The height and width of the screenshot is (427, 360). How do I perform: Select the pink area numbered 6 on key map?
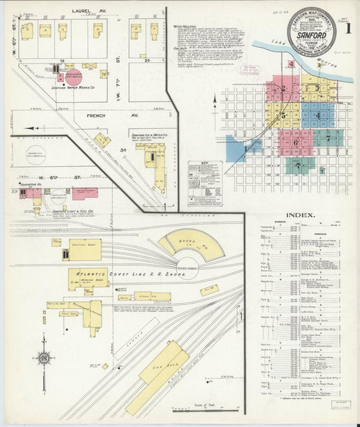tap(295, 142)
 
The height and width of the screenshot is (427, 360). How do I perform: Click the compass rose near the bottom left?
tap(44, 358)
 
